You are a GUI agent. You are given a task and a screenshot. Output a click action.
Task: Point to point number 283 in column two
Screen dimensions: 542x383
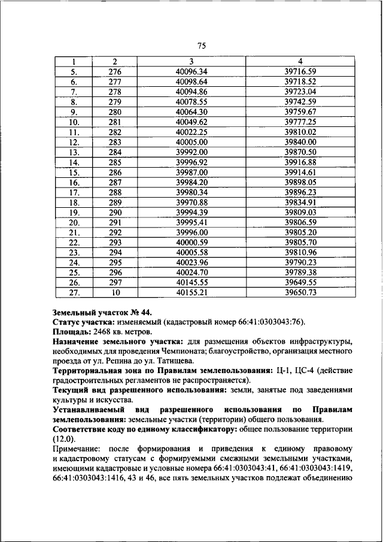[114, 142]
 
